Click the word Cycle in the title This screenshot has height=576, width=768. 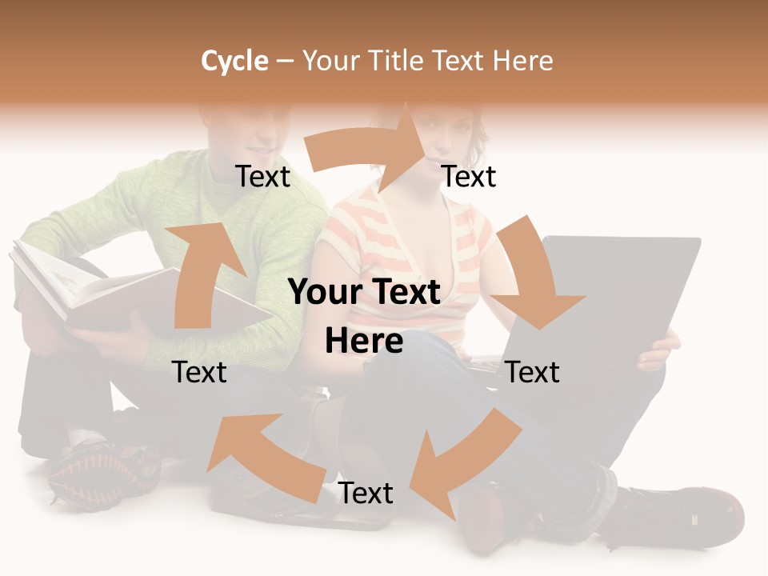pyautogui.click(x=234, y=61)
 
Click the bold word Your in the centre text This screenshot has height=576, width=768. pyautogui.click(x=322, y=292)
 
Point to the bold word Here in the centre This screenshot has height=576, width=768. pyautogui.click(x=364, y=342)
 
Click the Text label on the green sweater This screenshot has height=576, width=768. pyautogui.click(x=262, y=176)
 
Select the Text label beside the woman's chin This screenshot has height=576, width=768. pyautogui.click(x=469, y=176)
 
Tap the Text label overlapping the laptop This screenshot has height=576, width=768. pyautogui.click(x=533, y=372)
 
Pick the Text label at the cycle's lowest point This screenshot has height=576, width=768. pyautogui.click(x=366, y=493)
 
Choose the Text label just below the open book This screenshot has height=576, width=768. pyautogui.click(x=200, y=372)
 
